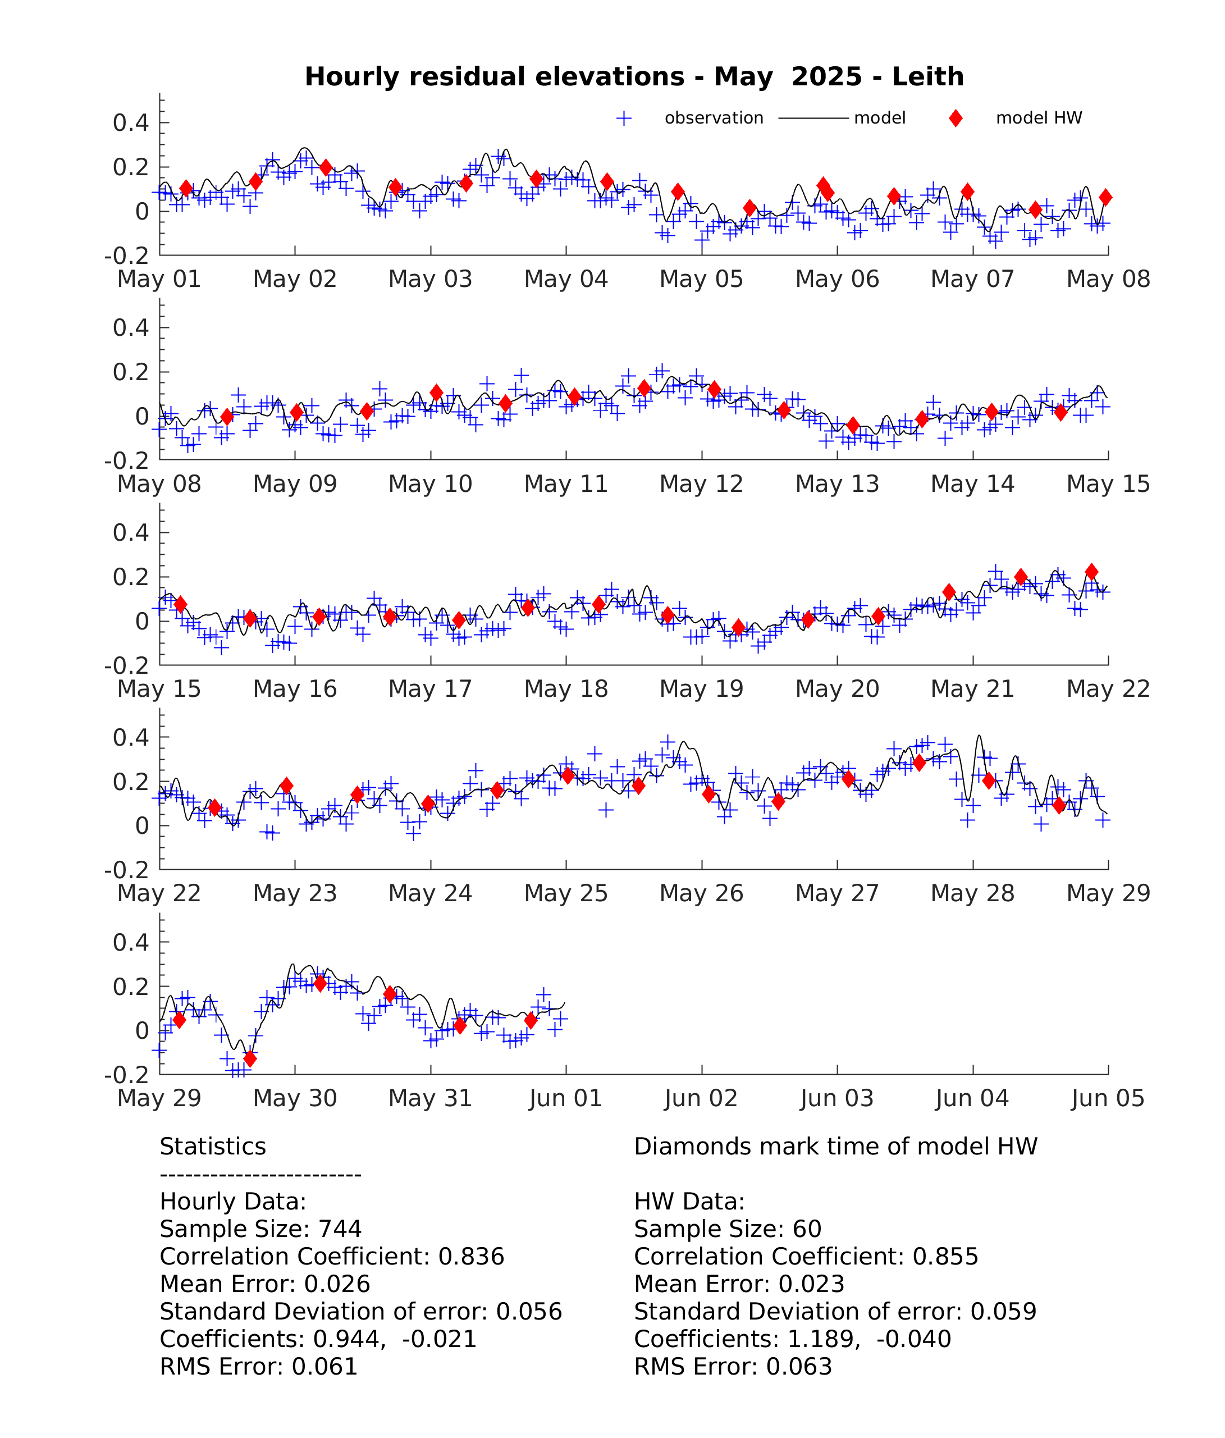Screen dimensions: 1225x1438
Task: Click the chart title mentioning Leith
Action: (634, 76)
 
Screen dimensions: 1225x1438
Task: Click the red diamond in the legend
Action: (956, 118)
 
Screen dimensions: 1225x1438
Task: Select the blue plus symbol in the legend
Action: (624, 118)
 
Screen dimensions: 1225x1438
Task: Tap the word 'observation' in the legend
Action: (714, 118)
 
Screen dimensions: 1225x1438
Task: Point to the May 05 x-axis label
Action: (701, 279)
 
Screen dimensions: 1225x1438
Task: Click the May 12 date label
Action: (701, 483)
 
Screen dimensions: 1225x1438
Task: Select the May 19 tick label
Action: (701, 689)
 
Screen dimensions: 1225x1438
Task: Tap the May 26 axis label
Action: (701, 893)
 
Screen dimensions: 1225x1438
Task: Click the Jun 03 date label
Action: (837, 1098)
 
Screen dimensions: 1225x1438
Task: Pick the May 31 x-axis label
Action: (430, 1098)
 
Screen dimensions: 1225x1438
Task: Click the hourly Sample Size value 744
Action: (340, 1229)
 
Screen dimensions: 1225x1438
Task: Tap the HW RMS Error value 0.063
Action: (799, 1367)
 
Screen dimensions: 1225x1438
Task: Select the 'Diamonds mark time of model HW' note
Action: (835, 1147)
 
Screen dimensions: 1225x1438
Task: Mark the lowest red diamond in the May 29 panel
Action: (250, 1059)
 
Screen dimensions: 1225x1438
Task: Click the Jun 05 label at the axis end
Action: (1108, 1098)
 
